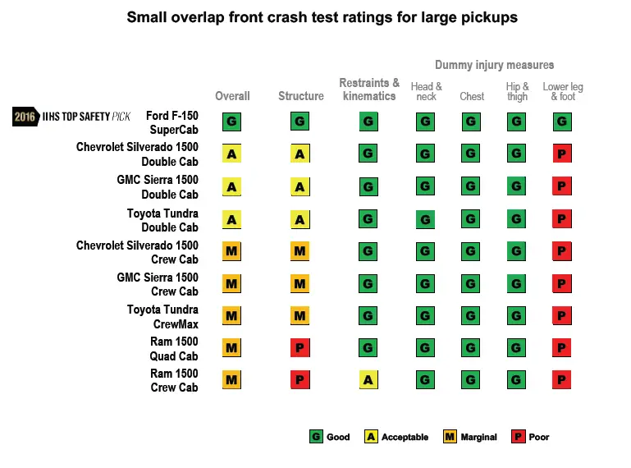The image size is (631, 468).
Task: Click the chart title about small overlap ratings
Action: coord(322,17)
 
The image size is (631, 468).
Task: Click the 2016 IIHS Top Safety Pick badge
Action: coord(72,117)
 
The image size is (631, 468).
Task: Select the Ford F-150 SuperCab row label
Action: coord(171,122)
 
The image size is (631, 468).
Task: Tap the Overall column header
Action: coord(232,96)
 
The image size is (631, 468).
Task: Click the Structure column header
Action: coord(301,96)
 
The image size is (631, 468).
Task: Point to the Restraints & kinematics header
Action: coord(369,89)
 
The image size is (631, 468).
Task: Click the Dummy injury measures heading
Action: coord(494,65)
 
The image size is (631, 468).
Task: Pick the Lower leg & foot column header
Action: coord(563,91)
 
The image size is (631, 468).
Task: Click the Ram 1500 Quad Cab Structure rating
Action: coord(300,348)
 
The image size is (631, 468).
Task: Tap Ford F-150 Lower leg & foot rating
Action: coord(562,122)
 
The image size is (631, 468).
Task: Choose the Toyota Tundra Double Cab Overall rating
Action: coord(231,219)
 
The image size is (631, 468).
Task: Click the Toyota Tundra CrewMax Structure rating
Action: coord(300,315)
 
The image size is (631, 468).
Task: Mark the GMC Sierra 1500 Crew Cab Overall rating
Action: coord(231,284)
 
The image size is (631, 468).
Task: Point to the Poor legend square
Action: coord(518,437)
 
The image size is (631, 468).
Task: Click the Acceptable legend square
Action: coord(372,437)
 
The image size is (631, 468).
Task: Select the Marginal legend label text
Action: coord(478,437)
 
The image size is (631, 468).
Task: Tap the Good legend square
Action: coord(316,437)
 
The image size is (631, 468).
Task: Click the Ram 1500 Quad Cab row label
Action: coord(174,348)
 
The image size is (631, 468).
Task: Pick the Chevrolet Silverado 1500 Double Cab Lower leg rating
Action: coord(562,154)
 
